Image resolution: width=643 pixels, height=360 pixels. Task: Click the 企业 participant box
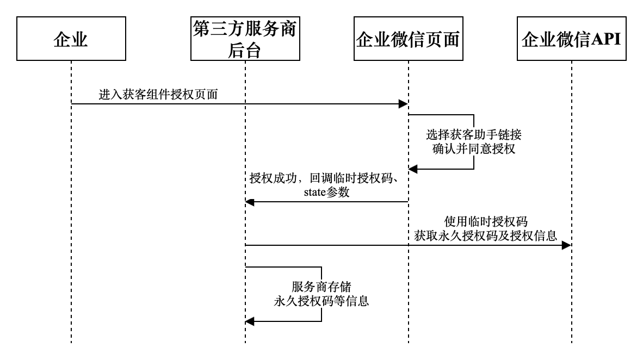[x=71, y=39]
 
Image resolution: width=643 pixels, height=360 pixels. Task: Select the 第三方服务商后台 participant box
[x=245, y=39]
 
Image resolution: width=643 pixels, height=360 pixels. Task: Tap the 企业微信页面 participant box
[x=408, y=39]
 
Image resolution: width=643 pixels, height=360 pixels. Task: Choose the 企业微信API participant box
[x=571, y=39]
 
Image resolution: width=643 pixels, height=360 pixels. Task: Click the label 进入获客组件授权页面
[x=158, y=94]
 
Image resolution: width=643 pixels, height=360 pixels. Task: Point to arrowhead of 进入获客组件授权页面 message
[x=404, y=104]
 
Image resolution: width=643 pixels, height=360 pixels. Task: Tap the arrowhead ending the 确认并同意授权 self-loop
[x=413, y=169]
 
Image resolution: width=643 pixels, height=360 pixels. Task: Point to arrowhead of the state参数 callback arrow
[x=249, y=202]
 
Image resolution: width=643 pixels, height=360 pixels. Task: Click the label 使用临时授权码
[x=486, y=221]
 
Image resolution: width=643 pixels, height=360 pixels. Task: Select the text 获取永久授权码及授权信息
[x=485, y=235]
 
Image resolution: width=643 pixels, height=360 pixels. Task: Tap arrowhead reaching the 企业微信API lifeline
[x=567, y=245]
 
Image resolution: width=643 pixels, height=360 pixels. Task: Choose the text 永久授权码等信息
[x=321, y=301]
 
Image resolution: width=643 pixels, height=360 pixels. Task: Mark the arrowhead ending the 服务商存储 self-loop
[x=250, y=321]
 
